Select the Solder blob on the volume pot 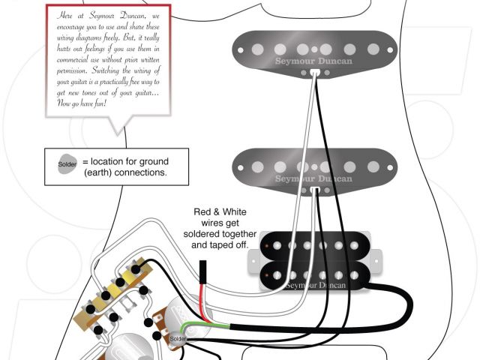(x=177, y=339)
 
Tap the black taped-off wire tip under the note (x=203, y=271)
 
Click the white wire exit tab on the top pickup (x=312, y=73)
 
